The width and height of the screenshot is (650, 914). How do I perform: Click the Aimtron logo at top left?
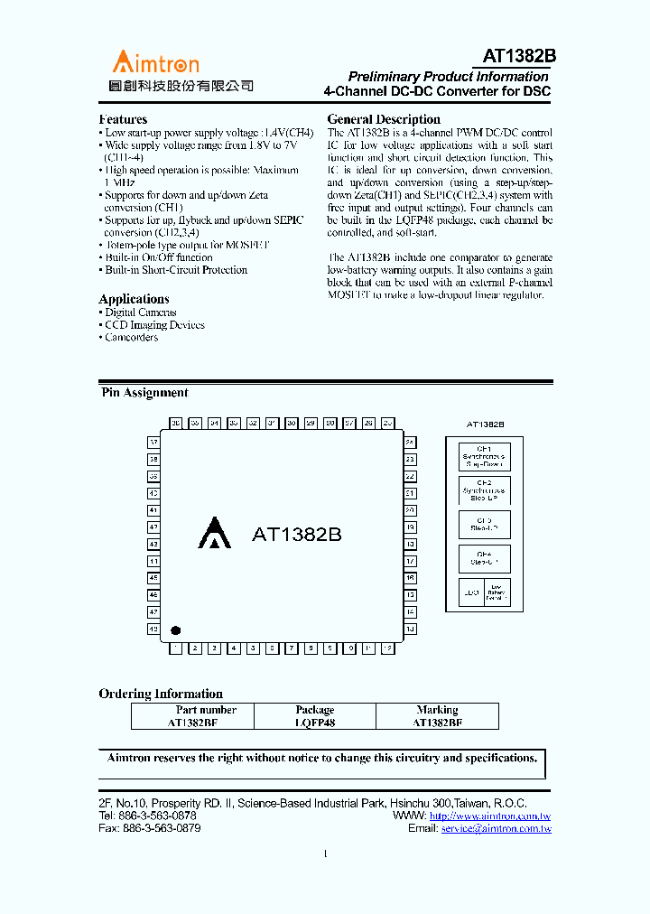[155, 62]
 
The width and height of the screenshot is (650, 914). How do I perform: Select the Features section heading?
[123, 119]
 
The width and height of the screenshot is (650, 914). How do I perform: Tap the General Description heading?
[384, 119]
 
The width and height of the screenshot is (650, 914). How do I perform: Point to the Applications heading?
[134, 299]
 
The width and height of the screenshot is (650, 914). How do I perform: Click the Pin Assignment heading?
[144, 393]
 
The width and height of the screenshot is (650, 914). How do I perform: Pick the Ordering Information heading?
[161, 694]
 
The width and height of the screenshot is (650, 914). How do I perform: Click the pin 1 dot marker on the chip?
[177, 630]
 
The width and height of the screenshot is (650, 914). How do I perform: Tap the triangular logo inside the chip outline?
[214, 533]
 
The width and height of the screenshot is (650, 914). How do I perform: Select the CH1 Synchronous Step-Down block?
[484, 456]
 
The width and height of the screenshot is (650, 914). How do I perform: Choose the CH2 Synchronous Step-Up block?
[484, 490]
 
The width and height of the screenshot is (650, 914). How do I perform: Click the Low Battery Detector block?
[497, 592]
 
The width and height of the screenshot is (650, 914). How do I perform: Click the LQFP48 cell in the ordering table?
[315, 723]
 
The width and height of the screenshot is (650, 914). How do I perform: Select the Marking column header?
[437, 710]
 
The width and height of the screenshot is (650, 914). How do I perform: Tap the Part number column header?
[206, 710]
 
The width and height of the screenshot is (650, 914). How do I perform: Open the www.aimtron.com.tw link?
[490, 816]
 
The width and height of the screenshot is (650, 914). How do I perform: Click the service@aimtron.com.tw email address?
[496, 828]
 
